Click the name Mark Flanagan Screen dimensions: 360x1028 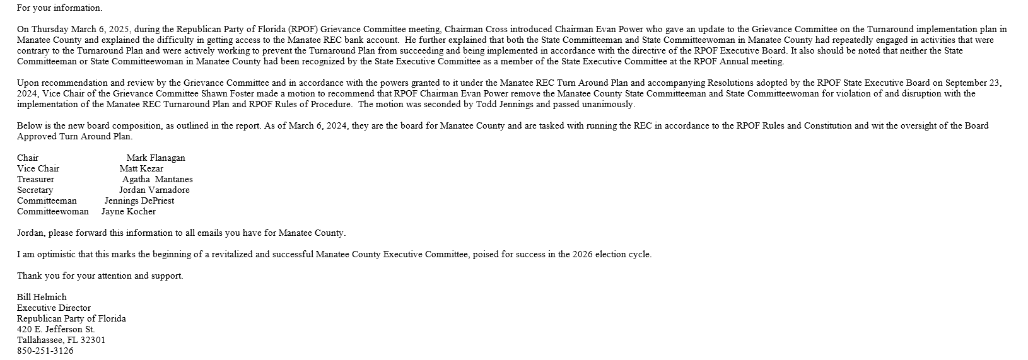(x=156, y=158)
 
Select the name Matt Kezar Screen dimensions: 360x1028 (x=141, y=168)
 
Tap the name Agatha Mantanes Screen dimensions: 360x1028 (x=158, y=179)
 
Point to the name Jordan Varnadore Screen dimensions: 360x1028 (x=154, y=190)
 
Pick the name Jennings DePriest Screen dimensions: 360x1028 (x=139, y=200)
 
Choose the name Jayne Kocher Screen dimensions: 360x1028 (x=129, y=211)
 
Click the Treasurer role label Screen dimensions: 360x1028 (x=35, y=179)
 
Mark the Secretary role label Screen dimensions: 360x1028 (x=35, y=190)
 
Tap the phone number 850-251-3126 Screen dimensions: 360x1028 (x=45, y=351)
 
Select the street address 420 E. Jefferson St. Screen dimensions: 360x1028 (x=56, y=329)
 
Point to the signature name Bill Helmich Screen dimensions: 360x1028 (x=42, y=297)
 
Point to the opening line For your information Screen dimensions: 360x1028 (x=59, y=8)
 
